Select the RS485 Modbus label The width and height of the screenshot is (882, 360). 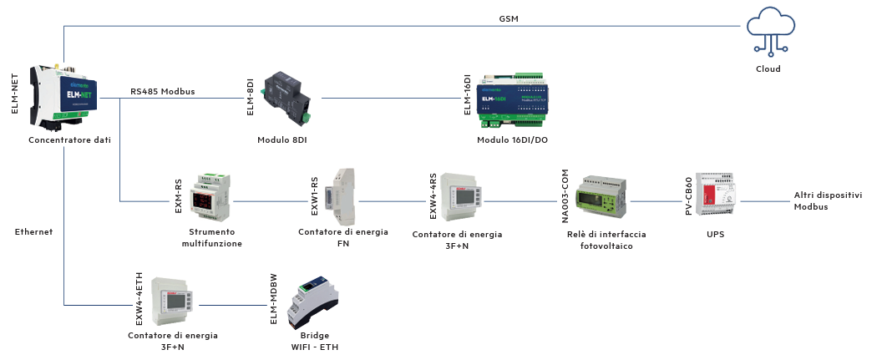pos(163,91)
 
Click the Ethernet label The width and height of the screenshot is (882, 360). pos(34,231)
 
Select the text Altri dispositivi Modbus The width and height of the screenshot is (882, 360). pos(828,200)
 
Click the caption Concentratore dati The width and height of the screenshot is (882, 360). pos(69,140)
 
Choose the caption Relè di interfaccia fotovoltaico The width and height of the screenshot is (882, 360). pos(606,240)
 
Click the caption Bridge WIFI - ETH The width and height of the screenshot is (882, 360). pos(315,341)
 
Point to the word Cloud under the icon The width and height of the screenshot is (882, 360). pos(768,69)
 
